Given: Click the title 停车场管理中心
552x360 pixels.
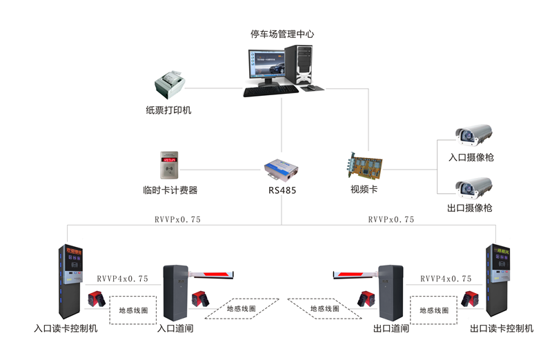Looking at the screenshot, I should coord(283,33).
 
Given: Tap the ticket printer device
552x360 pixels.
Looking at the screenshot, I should coord(169,86).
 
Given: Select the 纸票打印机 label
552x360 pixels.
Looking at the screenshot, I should coord(168,110).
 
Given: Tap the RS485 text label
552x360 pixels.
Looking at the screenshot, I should coord(282,190).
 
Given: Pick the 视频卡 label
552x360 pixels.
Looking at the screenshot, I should coord(364,190).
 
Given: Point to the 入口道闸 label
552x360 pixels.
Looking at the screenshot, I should coord(175,329).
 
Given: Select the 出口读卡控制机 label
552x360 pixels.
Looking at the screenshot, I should coord(502,329).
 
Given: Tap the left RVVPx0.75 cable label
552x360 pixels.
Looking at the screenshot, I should coord(178,219).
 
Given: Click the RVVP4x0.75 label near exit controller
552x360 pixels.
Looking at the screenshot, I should coord(446,279).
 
